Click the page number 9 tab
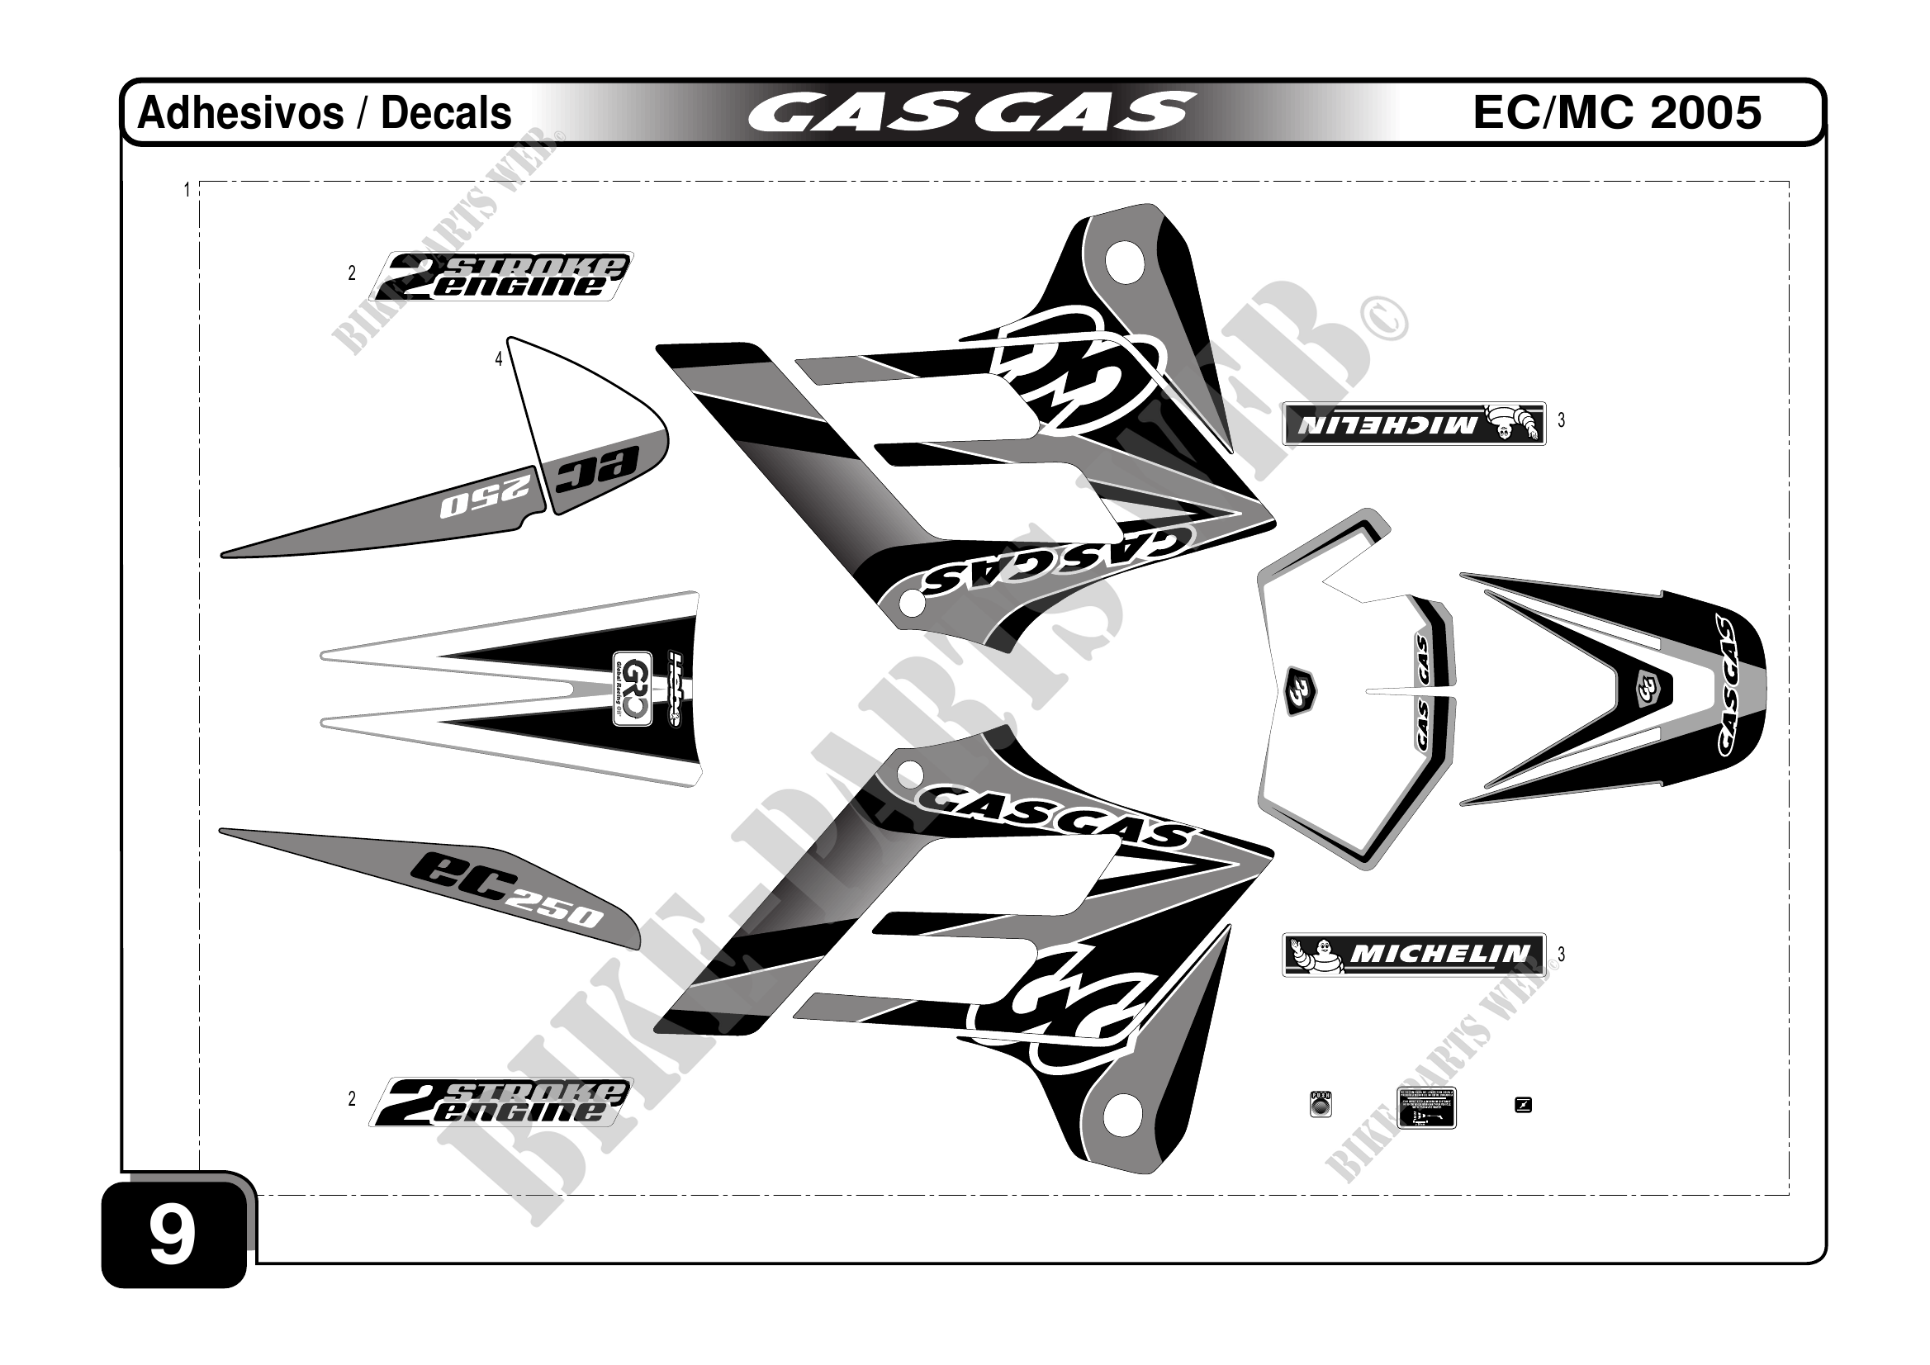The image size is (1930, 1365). (x=173, y=1235)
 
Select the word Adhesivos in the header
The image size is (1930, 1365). (x=240, y=113)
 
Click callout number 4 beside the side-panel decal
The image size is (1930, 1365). (x=499, y=360)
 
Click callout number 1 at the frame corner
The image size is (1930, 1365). (x=187, y=191)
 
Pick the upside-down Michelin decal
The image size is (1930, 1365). (x=1413, y=424)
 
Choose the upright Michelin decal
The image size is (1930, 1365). (x=1413, y=954)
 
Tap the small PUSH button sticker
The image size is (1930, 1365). (x=1321, y=1103)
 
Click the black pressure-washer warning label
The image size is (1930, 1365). (x=1425, y=1107)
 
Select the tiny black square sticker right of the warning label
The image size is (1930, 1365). (x=1522, y=1104)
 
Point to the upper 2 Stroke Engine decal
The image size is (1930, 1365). (x=501, y=276)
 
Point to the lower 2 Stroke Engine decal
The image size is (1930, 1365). (x=501, y=1102)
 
